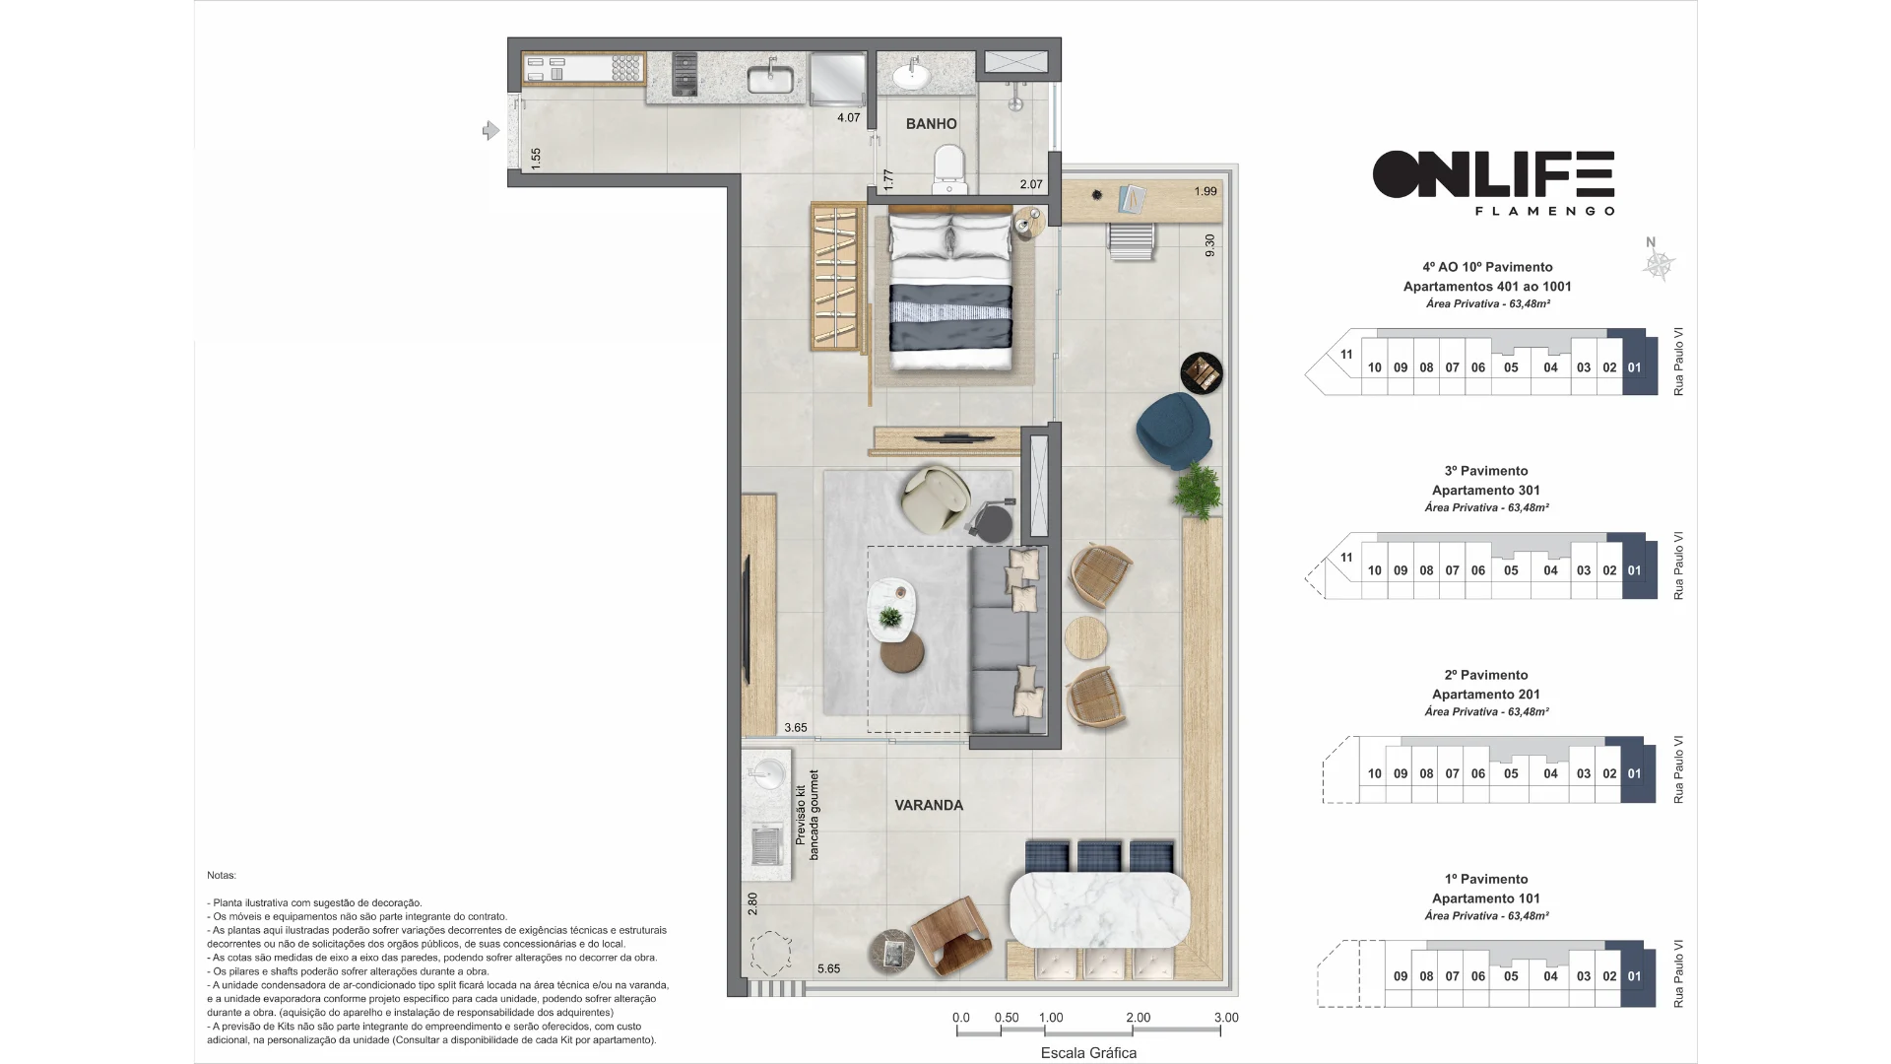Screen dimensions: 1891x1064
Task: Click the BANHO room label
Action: pos(931,124)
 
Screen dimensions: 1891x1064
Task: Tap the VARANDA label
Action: pos(929,805)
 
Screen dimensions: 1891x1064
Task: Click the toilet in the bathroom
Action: pos(949,169)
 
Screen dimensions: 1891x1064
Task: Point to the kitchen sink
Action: pos(770,78)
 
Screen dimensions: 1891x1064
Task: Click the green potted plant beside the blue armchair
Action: pos(1199,490)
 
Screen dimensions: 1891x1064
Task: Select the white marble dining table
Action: pos(1100,909)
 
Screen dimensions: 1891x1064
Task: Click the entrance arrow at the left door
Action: pos(490,130)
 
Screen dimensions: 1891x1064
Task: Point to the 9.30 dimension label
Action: pos(1209,245)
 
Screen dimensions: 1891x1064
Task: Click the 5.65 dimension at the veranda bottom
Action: pos(828,968)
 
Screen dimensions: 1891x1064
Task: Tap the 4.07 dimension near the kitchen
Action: pos(848,117)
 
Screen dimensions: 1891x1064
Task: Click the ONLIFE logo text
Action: pos(1493,174)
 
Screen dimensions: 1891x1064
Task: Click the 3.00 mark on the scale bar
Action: pos(1225,1018)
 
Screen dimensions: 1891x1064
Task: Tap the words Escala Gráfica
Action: pos(1088,1053)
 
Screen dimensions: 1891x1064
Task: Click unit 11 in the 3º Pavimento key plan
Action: pos(1346,558)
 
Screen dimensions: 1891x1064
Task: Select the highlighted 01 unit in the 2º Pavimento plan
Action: pos(1634,773)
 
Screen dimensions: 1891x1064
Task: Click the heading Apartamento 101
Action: pos(1486,898)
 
